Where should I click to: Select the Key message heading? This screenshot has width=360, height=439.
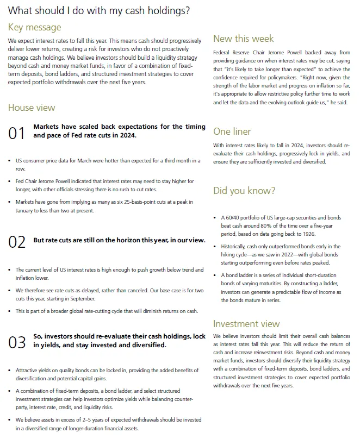[x=35, y=27]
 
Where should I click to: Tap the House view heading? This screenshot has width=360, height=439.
[x=32, y=108]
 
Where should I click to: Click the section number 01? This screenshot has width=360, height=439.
[x=17, y=133]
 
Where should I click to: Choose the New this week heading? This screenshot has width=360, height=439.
[x=244, y=39]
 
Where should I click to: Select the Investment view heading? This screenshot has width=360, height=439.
[x=246, y=324]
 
